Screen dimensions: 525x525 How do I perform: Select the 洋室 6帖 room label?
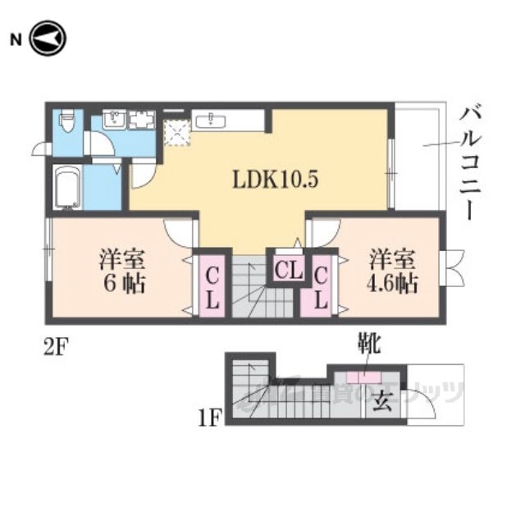(x=123, y=272)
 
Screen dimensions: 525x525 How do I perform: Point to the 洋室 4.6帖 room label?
(x=392, y=272)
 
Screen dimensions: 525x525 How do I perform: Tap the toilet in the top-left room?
(x=68, y=124)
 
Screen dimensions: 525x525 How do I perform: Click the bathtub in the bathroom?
(x=66, y=188)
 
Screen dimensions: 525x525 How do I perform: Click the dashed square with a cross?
(x=176, y=131)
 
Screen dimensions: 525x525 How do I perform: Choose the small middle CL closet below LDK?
(x=286, y=269)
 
